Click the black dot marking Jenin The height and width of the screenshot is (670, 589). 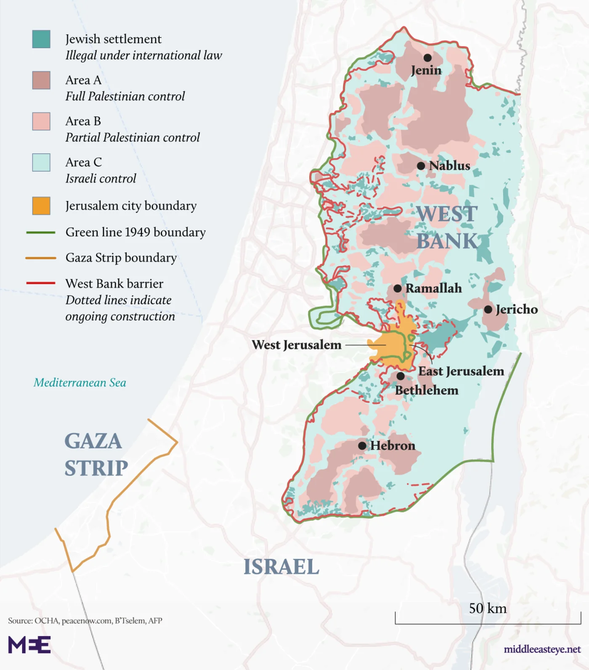tap(427, 58)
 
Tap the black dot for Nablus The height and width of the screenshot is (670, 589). tap(421, 166)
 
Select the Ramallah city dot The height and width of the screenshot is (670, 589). tap(398, 288)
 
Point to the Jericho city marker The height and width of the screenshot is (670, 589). tap(488, 310)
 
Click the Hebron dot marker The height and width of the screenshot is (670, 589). tap(362, 446)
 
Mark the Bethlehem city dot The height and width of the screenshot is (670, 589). tap(401, 376)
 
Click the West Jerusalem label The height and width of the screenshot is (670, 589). tap(297, 345)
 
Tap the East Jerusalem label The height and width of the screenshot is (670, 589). tap(461, 371)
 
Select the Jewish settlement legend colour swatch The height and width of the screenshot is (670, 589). tap(41, 39)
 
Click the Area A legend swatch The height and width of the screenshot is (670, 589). tap(41, 80)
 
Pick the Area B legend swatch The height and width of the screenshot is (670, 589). tap(41, 121)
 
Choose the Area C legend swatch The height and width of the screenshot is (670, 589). tap(41, 163)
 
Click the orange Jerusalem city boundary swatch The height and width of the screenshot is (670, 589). tap(41, 206)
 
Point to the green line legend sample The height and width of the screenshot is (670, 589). tap(41, 232)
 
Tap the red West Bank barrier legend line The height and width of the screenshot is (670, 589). tap(41, 283)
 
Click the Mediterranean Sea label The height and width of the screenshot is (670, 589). tap(80, 383)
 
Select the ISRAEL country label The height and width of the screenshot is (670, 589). tap(281, 567)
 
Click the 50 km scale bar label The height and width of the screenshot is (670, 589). tap(488, 608)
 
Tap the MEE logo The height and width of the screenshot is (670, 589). tap(29, 645)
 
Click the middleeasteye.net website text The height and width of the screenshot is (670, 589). tap(542, 649)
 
